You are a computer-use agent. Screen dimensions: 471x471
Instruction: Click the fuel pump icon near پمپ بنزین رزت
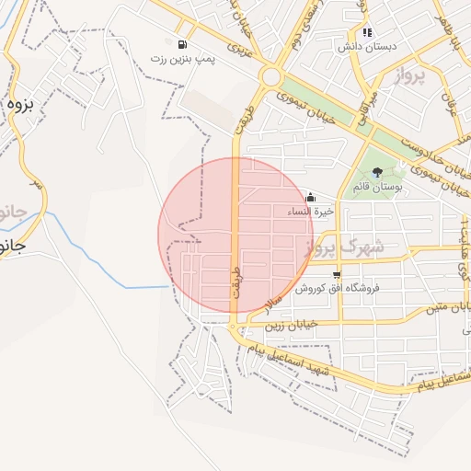pos(182,44)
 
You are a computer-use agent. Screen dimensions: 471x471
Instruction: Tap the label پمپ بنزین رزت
pos(183,58)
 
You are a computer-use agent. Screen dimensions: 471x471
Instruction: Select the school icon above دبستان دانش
pos(368,33)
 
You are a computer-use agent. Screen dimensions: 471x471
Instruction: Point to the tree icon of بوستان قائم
pos(378,172)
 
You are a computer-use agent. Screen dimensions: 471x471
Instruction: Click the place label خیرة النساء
pos(312,211)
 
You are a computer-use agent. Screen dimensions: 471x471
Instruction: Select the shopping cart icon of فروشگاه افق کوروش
pos(338,274)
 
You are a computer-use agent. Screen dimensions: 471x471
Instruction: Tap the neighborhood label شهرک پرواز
pos(341,247)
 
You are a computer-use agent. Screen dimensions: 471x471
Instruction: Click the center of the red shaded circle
pos(236,236)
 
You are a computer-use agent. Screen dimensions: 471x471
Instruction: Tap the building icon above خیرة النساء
pos(310,197)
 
